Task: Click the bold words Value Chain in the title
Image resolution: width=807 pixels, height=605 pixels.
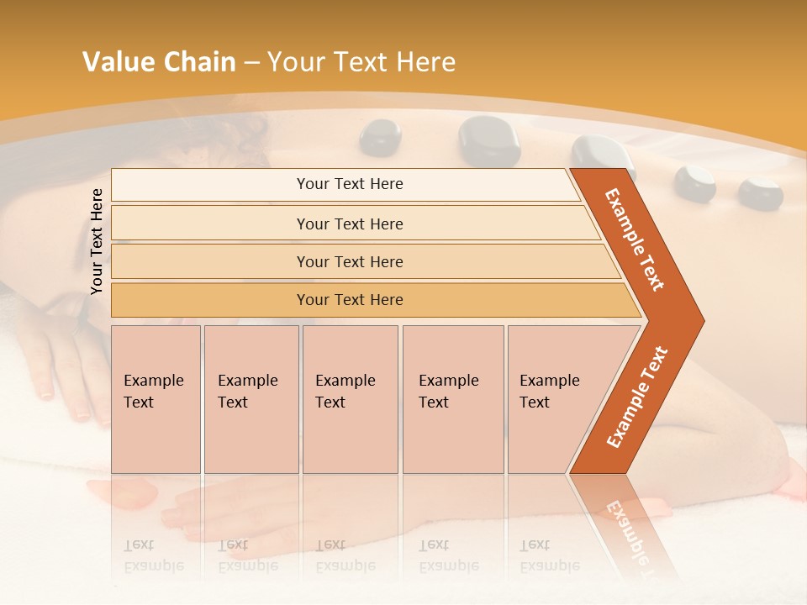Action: (x=159, y=62)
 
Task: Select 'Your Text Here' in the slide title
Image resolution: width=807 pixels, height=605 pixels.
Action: (x=361, y=62)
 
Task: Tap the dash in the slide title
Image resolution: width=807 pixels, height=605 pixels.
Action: (x=251, y=63)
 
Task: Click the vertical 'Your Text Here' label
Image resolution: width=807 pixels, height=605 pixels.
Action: (x=98, y=241)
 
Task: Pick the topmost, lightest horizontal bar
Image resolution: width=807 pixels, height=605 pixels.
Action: (x=350, y=184)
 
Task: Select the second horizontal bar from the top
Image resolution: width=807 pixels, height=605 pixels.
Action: (x=350, y=224)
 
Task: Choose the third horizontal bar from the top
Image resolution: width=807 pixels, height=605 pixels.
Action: (x=350, y=261)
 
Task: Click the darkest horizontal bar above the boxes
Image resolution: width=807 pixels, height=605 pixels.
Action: (x=350, y=300)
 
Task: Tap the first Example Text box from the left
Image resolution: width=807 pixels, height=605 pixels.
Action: (x=156, y=398)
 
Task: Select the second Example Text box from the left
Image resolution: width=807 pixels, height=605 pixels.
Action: (x=251, y=398)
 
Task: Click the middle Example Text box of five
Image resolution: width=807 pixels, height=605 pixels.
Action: (x=350, y=398)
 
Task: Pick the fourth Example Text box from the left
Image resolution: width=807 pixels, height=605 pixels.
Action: (x=452, y=398)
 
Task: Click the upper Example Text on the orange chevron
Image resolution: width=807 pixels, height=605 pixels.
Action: (x=635, y=240)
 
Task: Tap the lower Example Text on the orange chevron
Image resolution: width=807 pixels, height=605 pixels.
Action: (x=637, y=397)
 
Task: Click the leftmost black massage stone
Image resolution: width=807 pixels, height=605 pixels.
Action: (x=380, y=137)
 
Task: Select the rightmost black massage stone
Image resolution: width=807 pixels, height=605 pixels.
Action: (x=760, y=192)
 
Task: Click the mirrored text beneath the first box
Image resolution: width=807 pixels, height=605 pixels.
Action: (x=153, y=555)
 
